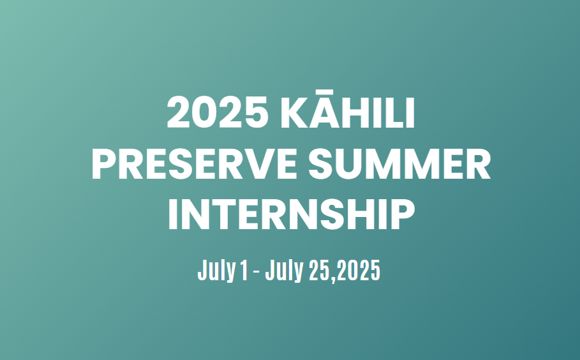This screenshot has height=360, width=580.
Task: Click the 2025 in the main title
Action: (x=218, y=112)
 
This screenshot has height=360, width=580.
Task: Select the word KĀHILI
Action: (x=348, y=109)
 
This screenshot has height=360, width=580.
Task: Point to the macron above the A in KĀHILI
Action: (x=325, y=91)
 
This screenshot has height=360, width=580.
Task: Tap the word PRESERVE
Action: (x=194, y=163)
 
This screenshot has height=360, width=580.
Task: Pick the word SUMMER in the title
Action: (x=399, y=163)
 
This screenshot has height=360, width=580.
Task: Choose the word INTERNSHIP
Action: (x=292, y=214)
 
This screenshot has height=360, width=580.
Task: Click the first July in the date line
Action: (x=216, y=271)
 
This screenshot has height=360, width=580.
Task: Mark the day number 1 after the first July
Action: (x=244, y=270)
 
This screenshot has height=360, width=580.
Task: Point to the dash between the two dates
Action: (x=256, y=273)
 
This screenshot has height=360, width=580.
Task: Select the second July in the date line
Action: (x=284, y=271)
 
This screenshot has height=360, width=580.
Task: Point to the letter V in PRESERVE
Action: (x=255, y=163)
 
